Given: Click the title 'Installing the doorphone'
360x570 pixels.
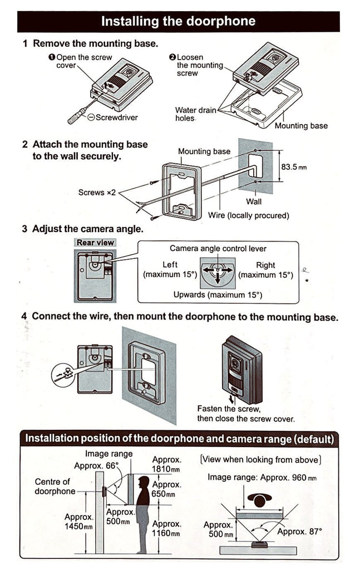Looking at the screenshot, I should coord(178,21).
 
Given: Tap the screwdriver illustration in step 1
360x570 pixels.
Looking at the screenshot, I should coord(80,111).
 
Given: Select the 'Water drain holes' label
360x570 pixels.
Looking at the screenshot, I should coord(195,114).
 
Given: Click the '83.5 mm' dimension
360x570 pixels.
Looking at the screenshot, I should coord(294,166).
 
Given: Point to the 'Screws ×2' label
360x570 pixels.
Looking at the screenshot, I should coord(97,193).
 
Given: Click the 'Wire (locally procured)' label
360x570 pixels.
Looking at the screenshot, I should coord(248,215).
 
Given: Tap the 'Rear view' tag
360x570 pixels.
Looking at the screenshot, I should coord(95,243).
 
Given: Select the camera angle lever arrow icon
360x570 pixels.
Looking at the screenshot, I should coord(218,272).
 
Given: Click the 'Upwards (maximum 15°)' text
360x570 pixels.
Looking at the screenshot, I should coord(218,295).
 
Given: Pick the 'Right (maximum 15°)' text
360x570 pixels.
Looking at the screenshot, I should coord(265,270).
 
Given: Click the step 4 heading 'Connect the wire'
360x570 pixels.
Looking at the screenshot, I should coord(184,317).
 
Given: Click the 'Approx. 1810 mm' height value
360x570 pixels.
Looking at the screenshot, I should coord(167,465).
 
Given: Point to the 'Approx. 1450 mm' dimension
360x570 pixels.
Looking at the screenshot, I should coord(78,522).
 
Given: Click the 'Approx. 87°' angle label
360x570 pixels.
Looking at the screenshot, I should coord(300,531).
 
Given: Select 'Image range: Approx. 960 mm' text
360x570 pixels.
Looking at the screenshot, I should coord(262,478).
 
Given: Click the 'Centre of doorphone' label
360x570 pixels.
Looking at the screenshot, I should coord(55,487).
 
